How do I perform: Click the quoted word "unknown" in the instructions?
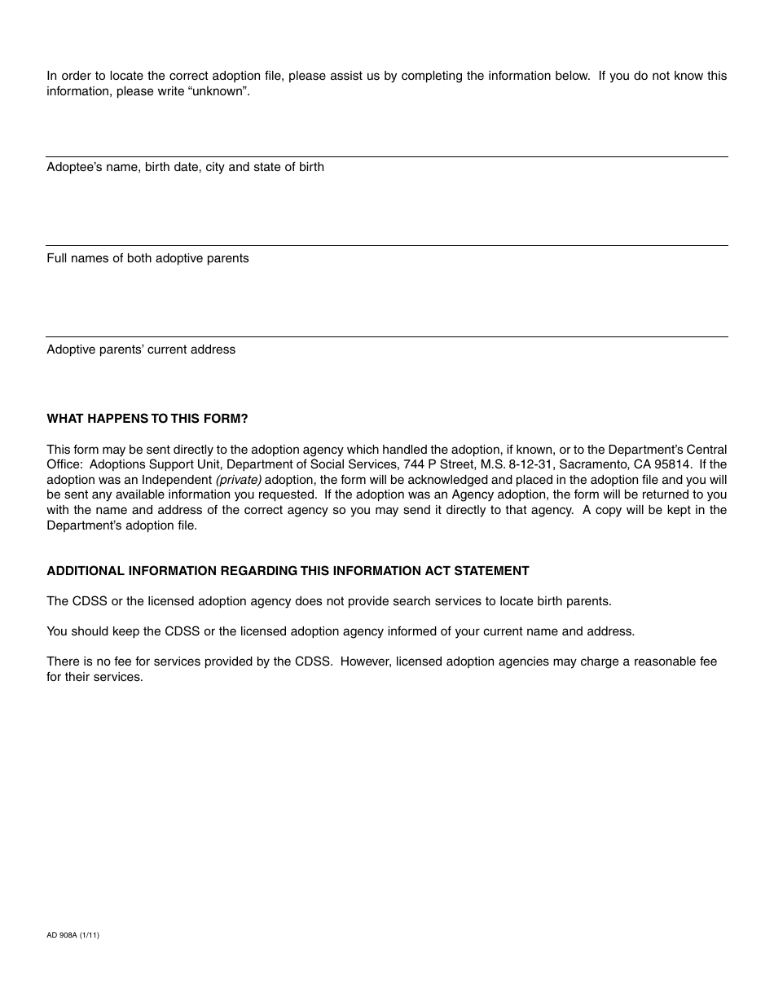pyautogui.click(x=218, y=91)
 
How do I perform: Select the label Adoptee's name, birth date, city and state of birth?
pyautogui.click(x=185, y=167)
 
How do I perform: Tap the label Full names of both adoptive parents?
pyautogui.click(x=147, y=258)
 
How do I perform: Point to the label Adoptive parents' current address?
pyautogui.click(x=141, y=349)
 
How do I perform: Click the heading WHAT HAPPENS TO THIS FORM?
pyautogui.click(x=147, y=419)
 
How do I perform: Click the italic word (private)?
pyautogui.click(x=238, y=480)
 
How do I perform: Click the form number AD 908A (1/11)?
pyautogui.click(x=73, y=935)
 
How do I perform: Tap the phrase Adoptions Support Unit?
pyautogui.click(x=147, y=464)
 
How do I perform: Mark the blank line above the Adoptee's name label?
pyautogui.click(x=387, y=156)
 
